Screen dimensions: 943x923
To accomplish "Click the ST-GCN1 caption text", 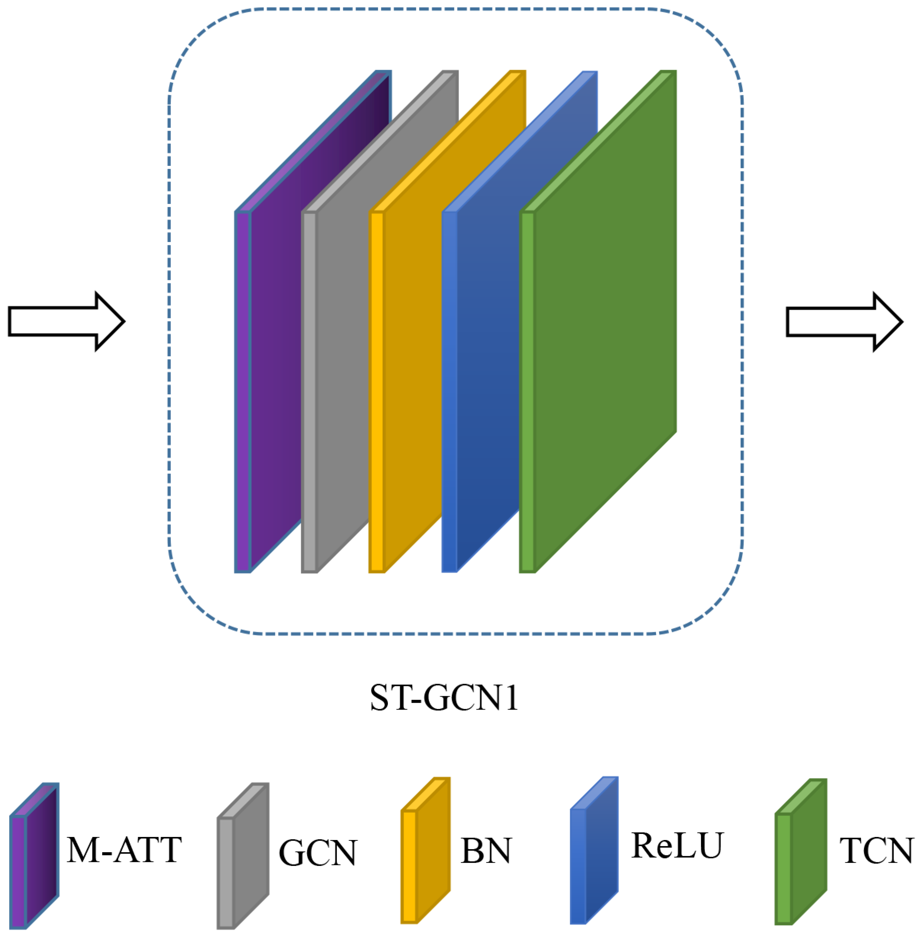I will click(444, 698).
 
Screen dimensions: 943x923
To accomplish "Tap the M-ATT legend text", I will click(124, 850).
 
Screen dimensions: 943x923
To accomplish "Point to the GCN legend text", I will click(318, 853).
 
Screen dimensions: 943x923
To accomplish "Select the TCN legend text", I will click(876, 851).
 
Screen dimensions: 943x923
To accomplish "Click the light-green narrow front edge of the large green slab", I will click(527, 392).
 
